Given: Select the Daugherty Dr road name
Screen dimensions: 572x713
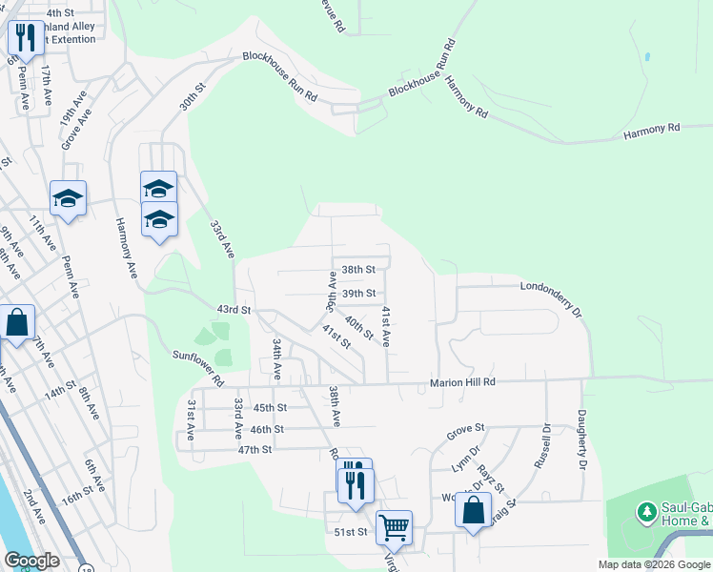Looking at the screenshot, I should pyautogui.click(x=581, y=439).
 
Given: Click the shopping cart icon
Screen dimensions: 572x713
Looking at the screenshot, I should pyautogui.click(x=393, y=525).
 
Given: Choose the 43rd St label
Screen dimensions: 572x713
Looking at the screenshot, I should pyautogui.click(x=233, y=310).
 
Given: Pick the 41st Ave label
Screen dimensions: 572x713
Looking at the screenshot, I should pyautogui.click(x=387, y=326).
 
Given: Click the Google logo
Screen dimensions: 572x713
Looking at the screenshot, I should pyautogui.click(x=32, y=561).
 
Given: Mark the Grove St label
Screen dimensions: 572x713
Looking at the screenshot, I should pyautogui.click(x=466, y=430).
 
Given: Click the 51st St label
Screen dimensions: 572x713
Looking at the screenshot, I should pyautogui.click(x=351, y=532).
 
